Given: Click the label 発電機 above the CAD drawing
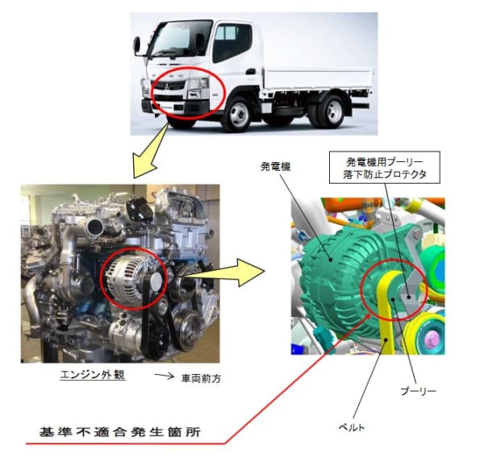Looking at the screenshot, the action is coord(275,167).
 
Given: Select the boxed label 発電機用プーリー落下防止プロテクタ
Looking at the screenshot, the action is coord(385,168).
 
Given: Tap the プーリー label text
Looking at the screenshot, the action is coord(418,391).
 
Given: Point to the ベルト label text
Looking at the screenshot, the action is coord(352,427).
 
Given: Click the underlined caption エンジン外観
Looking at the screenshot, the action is coord(93,375).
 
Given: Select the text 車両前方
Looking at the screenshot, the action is coord(201,379).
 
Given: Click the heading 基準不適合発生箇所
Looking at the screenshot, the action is coord(120,431).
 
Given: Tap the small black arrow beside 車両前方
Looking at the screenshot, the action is coord(165,376).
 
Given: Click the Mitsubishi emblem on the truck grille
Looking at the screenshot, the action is coord(167,86).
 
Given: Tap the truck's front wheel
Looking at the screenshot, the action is coord(239,114).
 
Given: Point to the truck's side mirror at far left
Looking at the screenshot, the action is coord(136,45).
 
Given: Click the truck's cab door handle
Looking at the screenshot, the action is coord(251,72).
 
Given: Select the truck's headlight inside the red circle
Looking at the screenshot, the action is coord(198,84).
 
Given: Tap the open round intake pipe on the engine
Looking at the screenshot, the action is coord(95,227).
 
